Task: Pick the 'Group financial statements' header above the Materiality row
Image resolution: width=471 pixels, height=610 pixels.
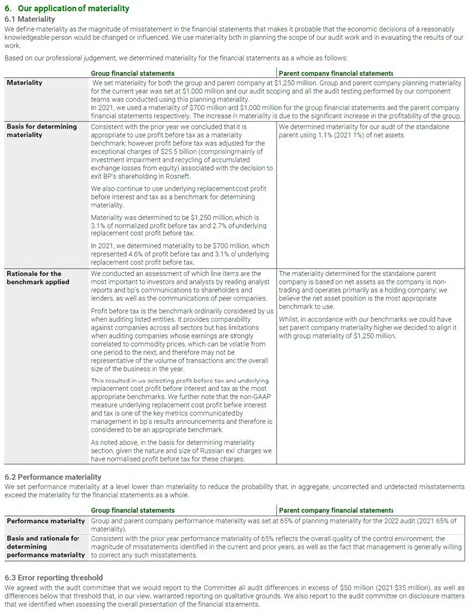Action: (135, 72)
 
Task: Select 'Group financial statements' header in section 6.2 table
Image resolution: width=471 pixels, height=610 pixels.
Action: (135, 507)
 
